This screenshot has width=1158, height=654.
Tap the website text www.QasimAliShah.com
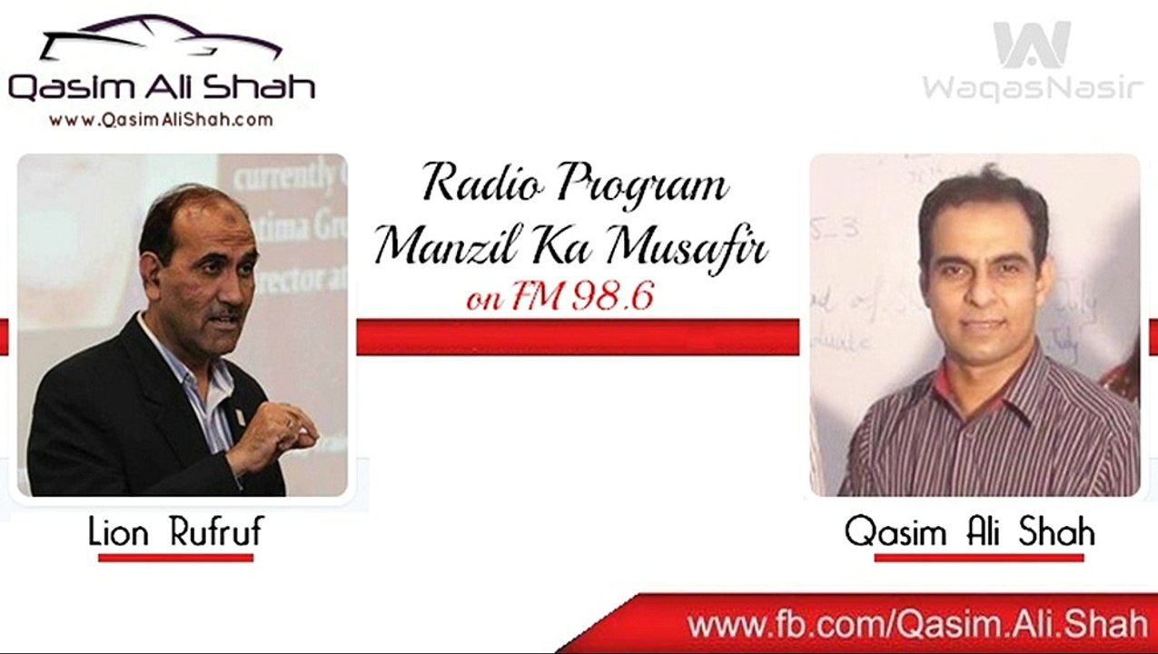[x=161, y=119]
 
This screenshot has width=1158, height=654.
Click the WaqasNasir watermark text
[x=1033, y=88]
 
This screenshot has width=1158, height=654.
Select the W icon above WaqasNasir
[x=1032, y=45]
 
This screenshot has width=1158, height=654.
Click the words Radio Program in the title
[x=575, y=184]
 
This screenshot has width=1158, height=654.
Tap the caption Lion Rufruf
[x=175, y=533]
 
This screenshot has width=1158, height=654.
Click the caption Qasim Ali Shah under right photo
[x=969, y=532]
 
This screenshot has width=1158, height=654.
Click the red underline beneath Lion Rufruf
[x=175, y=557]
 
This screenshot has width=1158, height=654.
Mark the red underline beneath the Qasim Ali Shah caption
[x=978, y=557]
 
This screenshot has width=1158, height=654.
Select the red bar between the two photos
[x=578, y=336]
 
